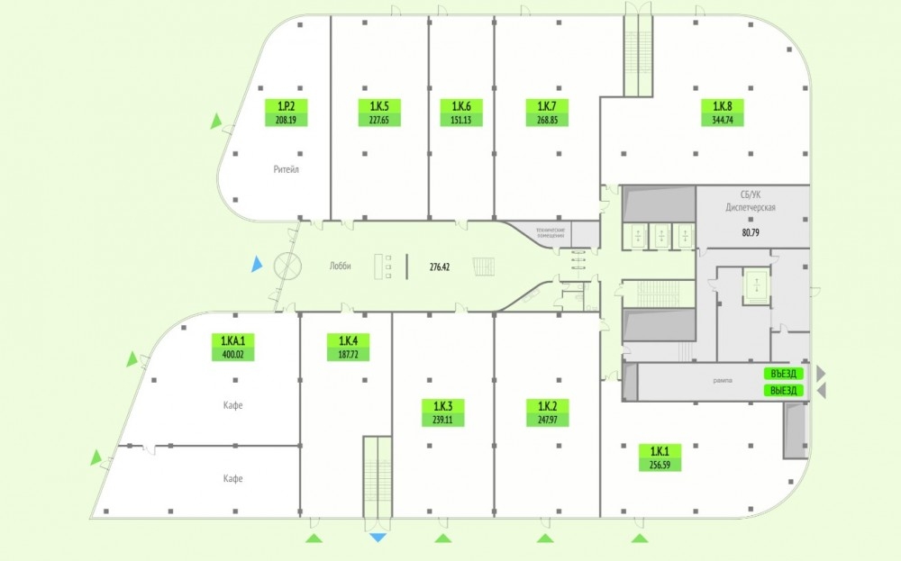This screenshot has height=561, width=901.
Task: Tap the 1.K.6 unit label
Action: [455, 113]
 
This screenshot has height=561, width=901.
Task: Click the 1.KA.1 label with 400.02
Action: [232, 347]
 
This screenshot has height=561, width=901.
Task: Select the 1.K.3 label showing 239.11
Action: [442, 412]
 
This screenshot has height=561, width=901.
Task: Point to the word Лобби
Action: [340, 266]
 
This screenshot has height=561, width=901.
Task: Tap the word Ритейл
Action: [286, 168]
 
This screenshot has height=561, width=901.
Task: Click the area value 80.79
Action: [751, 231]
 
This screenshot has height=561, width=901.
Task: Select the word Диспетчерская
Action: [751, 206]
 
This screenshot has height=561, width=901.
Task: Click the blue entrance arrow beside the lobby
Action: [257, 265]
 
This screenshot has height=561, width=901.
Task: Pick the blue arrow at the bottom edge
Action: [378, 538]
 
